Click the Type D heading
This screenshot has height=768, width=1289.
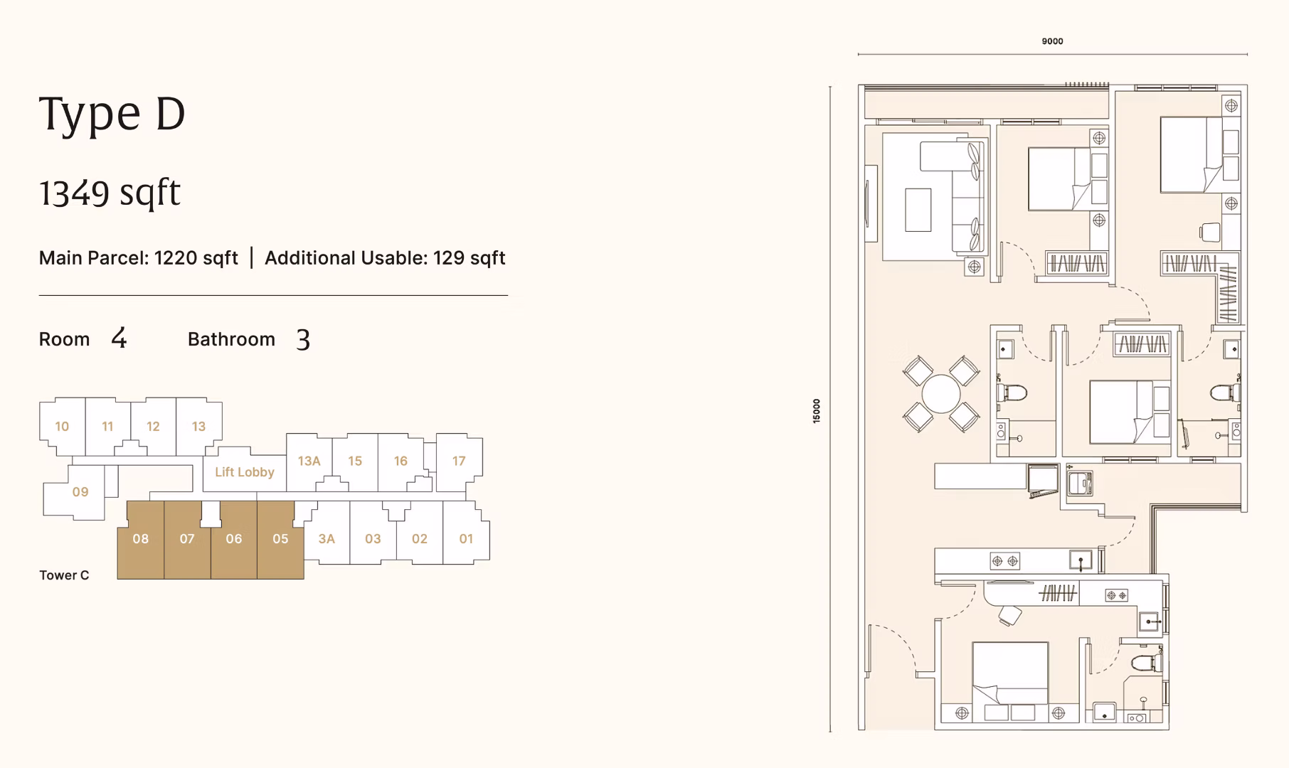pos(112,114)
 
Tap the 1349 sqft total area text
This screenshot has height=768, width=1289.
pos(110,193)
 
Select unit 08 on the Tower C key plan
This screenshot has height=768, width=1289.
pos(140,539)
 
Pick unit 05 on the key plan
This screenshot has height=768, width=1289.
pos(280,539)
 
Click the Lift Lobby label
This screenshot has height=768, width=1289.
pos(244,472)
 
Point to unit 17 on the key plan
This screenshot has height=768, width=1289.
pos(459,462)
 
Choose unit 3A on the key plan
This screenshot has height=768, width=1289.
pos(327,539)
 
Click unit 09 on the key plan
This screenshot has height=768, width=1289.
pos(80,492)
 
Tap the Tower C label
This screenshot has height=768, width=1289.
pos(64,575)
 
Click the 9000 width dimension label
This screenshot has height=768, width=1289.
pos(1052,41)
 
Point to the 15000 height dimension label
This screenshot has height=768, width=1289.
pos(817,411)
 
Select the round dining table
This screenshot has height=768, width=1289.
pos(941,394)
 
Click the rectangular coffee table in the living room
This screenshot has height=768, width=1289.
pos(918,210)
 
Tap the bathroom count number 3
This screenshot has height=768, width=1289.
pos(303,340)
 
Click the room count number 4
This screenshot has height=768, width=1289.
pos(119,338)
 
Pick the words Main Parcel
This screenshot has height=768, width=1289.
pos(93,258)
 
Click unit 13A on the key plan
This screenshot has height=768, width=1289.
pos(309,462)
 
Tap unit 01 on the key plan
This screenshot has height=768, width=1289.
pos(466,539)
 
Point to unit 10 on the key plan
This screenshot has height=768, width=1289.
pos(62,427)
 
